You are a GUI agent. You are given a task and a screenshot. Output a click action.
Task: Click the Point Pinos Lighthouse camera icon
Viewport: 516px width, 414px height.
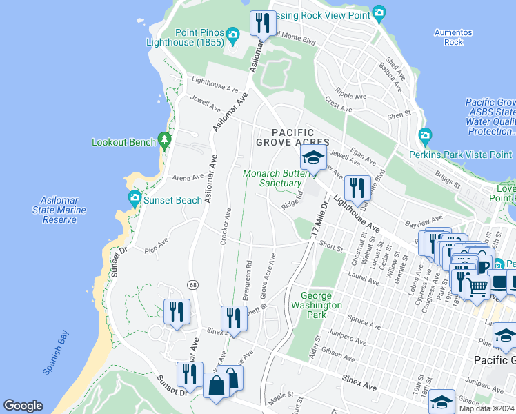click(x=233, y=34)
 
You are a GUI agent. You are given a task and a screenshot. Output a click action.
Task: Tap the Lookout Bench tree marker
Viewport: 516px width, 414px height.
click(x=164, y=141)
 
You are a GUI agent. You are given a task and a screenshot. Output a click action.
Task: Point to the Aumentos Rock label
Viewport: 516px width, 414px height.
click(x=453, y=37)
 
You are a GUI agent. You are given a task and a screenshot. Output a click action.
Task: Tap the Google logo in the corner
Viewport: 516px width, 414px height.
click(x=23, y=406)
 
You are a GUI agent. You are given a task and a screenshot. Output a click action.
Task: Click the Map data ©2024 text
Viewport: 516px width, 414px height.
click(x=486, y=408)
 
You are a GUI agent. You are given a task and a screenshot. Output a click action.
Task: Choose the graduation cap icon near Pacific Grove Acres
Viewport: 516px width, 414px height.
click(x=313, y=157)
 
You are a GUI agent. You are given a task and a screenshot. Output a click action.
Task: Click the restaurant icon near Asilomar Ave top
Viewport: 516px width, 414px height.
click(x=261, y=23)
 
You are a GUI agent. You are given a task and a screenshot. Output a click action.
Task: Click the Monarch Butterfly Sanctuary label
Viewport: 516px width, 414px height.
click(x=280, y=179)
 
